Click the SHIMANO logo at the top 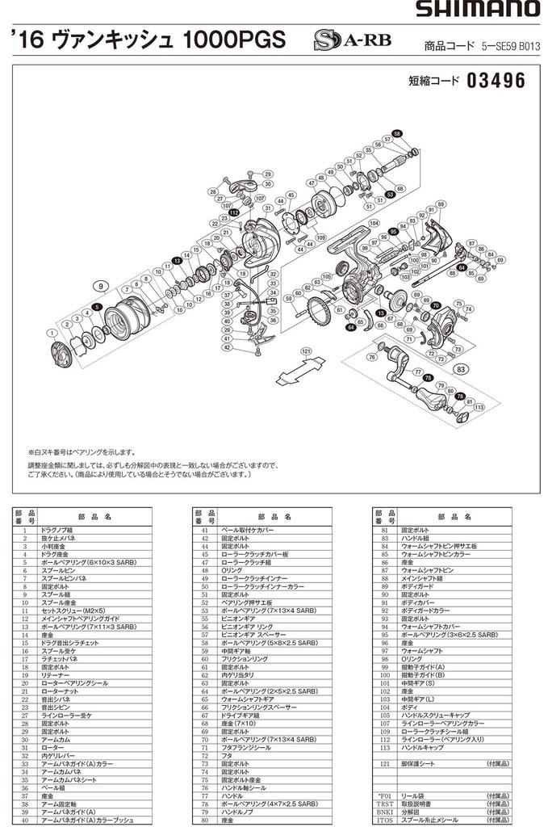coord(477,10)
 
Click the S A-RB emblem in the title coord(339,40)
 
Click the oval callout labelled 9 coord(101,287)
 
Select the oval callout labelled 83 coord(461,368)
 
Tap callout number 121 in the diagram coord(306,352)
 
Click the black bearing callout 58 coord(396,132)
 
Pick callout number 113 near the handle coord(479,409)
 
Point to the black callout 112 coord(235,212)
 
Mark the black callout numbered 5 coord(97,307)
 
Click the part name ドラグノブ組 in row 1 coord(61,529)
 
